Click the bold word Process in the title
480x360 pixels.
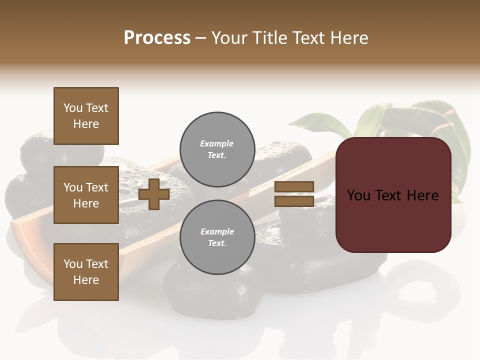click(157, 38)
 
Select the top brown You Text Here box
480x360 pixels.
click(86, 116)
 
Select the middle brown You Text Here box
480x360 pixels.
click(86, 195)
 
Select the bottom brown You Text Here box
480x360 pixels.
click(86, 272)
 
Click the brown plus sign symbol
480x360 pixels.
click(154, 194)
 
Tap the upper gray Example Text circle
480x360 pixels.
click(217, 149)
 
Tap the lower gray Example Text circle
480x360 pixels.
click(217, 237)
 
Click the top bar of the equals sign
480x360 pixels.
click(294, 186)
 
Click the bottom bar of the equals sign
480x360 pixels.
click(294, 201)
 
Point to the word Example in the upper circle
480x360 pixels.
click(217, 143)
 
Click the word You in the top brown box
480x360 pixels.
click(73, 108)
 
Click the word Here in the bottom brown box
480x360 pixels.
click(86, 280)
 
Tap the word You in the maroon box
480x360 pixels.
click(359, 195)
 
